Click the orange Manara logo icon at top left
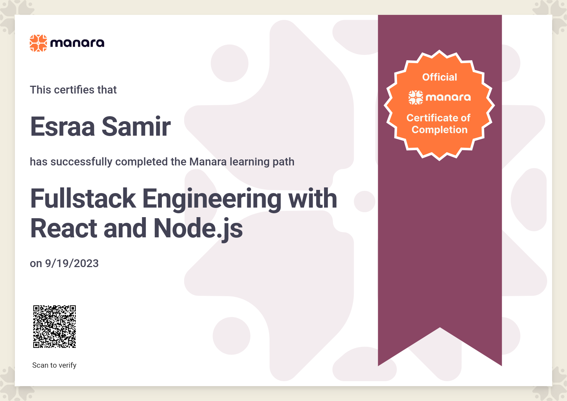38,43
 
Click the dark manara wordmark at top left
77,43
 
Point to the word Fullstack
83,198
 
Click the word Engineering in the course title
212,200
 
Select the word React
64,228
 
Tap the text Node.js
198,229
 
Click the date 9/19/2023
72,264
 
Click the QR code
55,327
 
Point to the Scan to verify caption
54,365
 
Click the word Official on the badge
440,77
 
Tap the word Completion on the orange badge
440,130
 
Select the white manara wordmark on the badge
448,97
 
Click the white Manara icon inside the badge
416,97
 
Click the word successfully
81,162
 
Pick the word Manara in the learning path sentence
208,162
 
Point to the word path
283,162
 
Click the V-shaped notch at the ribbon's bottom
440,328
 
